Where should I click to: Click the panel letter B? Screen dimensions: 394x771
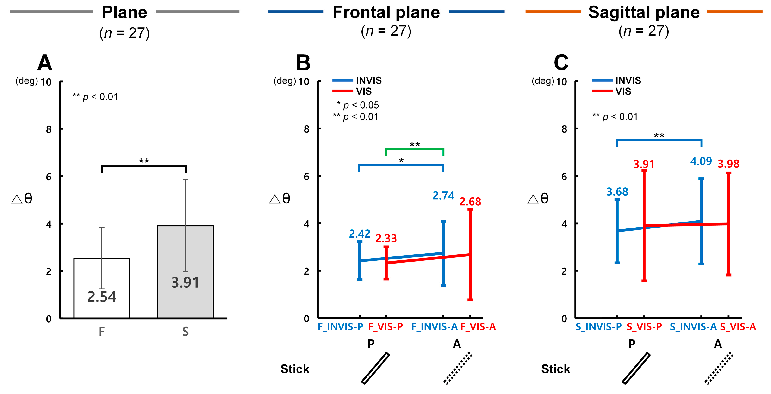303,63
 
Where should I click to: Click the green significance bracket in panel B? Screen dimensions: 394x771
415,149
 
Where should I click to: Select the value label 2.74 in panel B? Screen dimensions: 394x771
443,196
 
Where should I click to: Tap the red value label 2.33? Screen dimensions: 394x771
386,238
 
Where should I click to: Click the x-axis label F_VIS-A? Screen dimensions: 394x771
478,327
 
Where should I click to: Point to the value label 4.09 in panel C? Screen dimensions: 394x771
701,161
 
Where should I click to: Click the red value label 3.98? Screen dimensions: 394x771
728,164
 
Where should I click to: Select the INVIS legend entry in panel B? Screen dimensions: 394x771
368,80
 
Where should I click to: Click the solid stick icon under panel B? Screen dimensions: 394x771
375,368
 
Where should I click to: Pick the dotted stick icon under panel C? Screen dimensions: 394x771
719,368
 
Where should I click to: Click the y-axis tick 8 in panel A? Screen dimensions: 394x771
49,129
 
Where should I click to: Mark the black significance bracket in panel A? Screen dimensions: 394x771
144,166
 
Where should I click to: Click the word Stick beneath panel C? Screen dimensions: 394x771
555,369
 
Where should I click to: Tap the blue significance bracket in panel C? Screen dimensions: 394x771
659,140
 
